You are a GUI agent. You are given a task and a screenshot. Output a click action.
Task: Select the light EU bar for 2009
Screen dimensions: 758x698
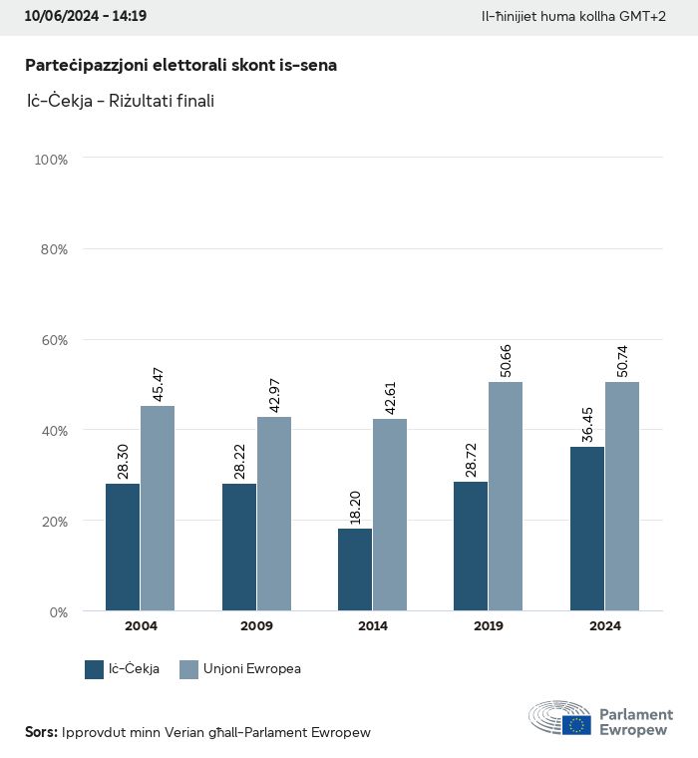click(x=274, y=514)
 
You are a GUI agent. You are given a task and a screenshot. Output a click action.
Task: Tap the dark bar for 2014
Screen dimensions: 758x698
click(x=354, y=569)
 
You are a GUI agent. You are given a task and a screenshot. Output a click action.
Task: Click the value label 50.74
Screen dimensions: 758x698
click(x=622, y=359)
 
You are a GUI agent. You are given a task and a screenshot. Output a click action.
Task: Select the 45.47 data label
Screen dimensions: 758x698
click(x=158, y=384)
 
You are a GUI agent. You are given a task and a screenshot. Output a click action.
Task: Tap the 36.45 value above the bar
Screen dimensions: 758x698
click(x=587, y=425)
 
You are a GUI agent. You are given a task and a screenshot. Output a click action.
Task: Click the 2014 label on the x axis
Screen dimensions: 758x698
click(x=372, y=626)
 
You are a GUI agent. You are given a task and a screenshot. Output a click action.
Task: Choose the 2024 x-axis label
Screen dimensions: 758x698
click(x=604, y=626)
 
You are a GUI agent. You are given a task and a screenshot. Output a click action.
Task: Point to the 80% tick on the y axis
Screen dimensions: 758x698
click(x=53, y=249)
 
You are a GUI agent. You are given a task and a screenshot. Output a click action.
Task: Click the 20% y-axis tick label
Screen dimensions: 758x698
click(x=53, y=521)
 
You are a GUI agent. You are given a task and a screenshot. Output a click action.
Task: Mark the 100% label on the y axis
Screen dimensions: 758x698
click(x=50, y=160)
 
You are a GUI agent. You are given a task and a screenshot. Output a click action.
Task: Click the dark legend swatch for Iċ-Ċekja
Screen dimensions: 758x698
click(x=95, y=669)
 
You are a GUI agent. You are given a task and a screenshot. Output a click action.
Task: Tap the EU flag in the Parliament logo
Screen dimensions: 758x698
click(x=576, y=724)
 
